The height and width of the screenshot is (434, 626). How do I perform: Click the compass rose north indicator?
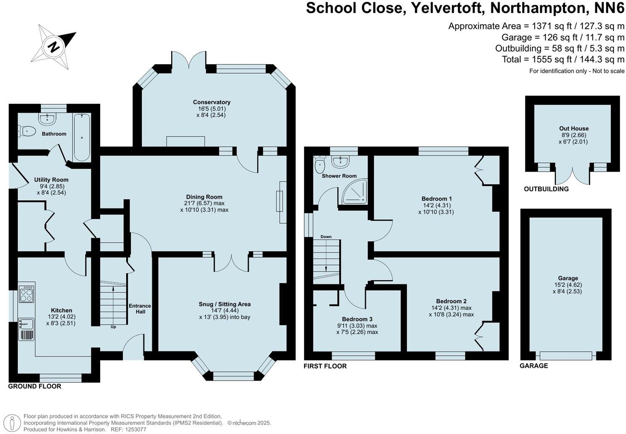53,46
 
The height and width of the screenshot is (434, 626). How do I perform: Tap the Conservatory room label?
212,102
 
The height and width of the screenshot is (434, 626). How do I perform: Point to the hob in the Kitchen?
27,294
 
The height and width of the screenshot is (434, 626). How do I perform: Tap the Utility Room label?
51,180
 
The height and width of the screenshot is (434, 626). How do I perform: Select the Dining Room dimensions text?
204,206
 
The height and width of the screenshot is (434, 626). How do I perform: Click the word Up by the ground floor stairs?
113,327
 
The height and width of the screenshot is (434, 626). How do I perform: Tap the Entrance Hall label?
140,309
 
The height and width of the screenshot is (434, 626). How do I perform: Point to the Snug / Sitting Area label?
225,304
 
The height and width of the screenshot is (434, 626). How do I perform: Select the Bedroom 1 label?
437,198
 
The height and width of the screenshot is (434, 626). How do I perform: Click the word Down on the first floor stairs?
326,237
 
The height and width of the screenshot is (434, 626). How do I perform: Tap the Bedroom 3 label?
357,319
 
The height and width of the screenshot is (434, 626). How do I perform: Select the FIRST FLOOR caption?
325,366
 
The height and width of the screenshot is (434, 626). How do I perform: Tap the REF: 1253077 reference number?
128,429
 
